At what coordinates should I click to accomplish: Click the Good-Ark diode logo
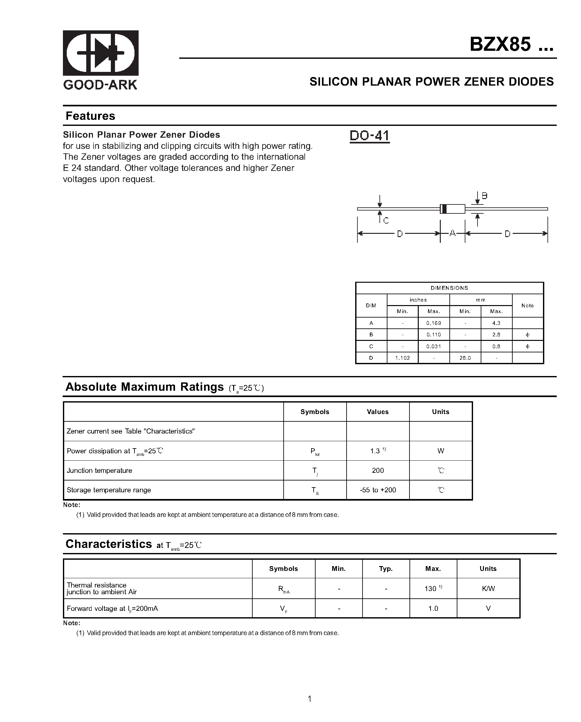click(x=101, y=53)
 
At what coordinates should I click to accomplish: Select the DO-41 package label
click(x=369, y=136)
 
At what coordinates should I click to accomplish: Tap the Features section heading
click(x=90, y=116)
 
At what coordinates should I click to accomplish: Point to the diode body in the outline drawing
click(x=453, y=209)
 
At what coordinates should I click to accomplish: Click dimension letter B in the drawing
click(x=484, y=196)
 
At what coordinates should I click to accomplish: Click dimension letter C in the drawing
click(x=386, y=221)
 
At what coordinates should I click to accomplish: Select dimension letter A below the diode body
click(x=452, y=233)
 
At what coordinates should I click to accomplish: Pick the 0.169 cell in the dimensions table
click(x=433, y=323)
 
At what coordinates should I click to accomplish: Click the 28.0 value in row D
click(x=465, y=358)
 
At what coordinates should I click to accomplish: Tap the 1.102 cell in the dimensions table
click(x=402, y=358)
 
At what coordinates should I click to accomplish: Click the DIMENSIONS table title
click(x=449, y=288)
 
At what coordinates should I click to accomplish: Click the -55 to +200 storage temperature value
click(x=378, y=490)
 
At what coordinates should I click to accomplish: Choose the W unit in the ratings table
click(x=440, y=451)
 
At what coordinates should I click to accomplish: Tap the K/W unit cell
click(x=488, y=589)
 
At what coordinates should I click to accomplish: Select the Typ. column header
click(x=386, y=569)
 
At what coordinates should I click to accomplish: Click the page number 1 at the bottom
click(x=310, y=699)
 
